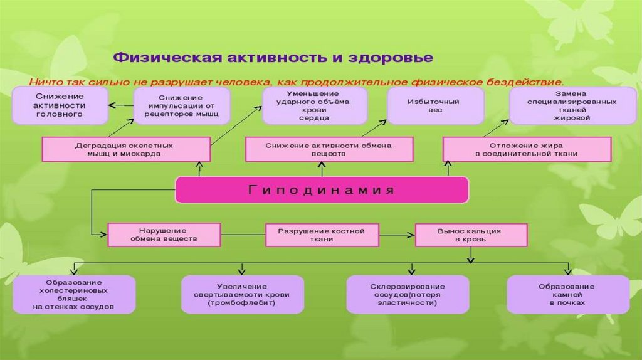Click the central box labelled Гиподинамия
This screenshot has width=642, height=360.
pos(321,190)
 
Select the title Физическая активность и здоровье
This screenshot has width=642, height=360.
pos(273,58)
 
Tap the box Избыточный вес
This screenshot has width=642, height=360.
pos(434,105)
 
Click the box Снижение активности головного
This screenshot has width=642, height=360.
pos(60,105)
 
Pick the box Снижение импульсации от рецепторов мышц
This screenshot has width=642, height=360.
pos(181,106)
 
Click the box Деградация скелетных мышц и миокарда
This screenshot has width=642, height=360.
pos(126,149)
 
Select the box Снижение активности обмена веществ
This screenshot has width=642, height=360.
pos(329,149)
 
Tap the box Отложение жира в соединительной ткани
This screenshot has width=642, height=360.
pos(526,149)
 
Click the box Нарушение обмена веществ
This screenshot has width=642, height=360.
pos(164,235)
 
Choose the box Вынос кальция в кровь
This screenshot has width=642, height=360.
pos(470,235)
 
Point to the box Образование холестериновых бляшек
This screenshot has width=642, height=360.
pos(74,294)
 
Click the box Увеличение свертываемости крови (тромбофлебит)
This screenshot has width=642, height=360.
pos(242,294)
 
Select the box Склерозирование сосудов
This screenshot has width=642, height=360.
pos(408,294)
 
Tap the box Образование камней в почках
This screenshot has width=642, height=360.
pos(568,294)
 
